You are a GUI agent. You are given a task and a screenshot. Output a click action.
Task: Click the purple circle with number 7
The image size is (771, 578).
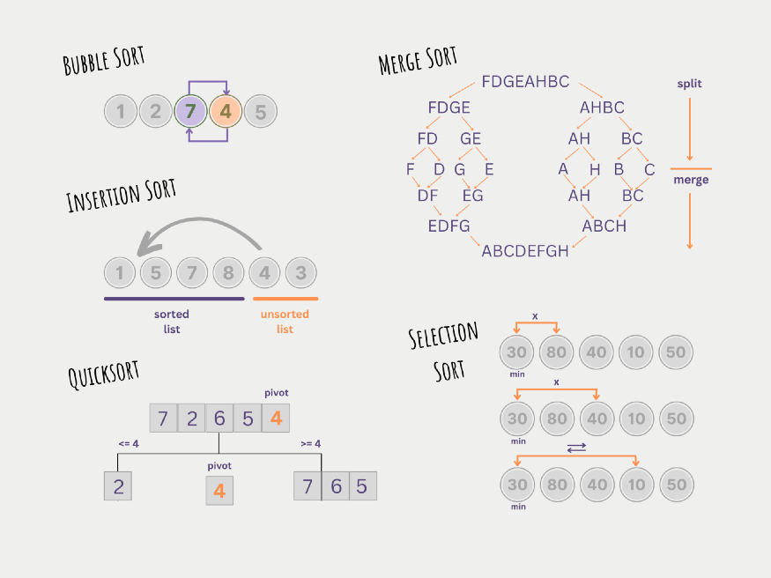click(190, 111)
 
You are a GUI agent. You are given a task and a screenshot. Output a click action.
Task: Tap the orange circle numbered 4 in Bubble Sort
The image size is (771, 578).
click(226, 111)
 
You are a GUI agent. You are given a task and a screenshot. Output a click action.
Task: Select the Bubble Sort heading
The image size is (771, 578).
click(104, 61)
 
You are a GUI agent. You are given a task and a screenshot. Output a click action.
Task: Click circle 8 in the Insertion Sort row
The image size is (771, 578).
click(228, 273)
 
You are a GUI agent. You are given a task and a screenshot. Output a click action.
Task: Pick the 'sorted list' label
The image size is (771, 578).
click(172, 322)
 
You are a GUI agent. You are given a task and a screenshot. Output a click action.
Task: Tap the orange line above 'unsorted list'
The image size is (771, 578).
click(285, 299)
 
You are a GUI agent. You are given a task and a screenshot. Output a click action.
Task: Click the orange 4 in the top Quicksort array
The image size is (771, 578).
click(276, 418)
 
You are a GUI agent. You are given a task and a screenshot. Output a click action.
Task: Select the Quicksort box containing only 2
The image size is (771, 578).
click(118, 486)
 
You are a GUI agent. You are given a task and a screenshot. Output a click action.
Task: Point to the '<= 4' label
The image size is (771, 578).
click(129, 444)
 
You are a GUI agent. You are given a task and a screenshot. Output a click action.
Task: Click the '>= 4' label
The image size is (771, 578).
click(311, 444)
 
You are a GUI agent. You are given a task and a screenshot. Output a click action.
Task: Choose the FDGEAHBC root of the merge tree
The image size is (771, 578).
click(525, 82)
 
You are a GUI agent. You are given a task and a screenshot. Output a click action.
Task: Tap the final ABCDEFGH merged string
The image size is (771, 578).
click(525, 251)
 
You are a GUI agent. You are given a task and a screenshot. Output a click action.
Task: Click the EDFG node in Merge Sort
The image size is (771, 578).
click(449, 226)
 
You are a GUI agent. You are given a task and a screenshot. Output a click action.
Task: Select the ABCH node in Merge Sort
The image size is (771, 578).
click(604, 226)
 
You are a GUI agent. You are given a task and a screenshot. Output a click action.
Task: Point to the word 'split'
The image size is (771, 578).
click(689, 84)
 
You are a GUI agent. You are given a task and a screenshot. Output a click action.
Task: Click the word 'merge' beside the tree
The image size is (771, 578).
click(691, 180)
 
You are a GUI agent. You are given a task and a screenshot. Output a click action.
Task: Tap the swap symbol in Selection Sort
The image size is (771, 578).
click(576, 448)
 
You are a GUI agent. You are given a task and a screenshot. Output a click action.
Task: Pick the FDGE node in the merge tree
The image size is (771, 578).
click(449, 107)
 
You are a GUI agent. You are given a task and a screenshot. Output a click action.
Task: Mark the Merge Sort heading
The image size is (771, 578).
click(418, 61)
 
